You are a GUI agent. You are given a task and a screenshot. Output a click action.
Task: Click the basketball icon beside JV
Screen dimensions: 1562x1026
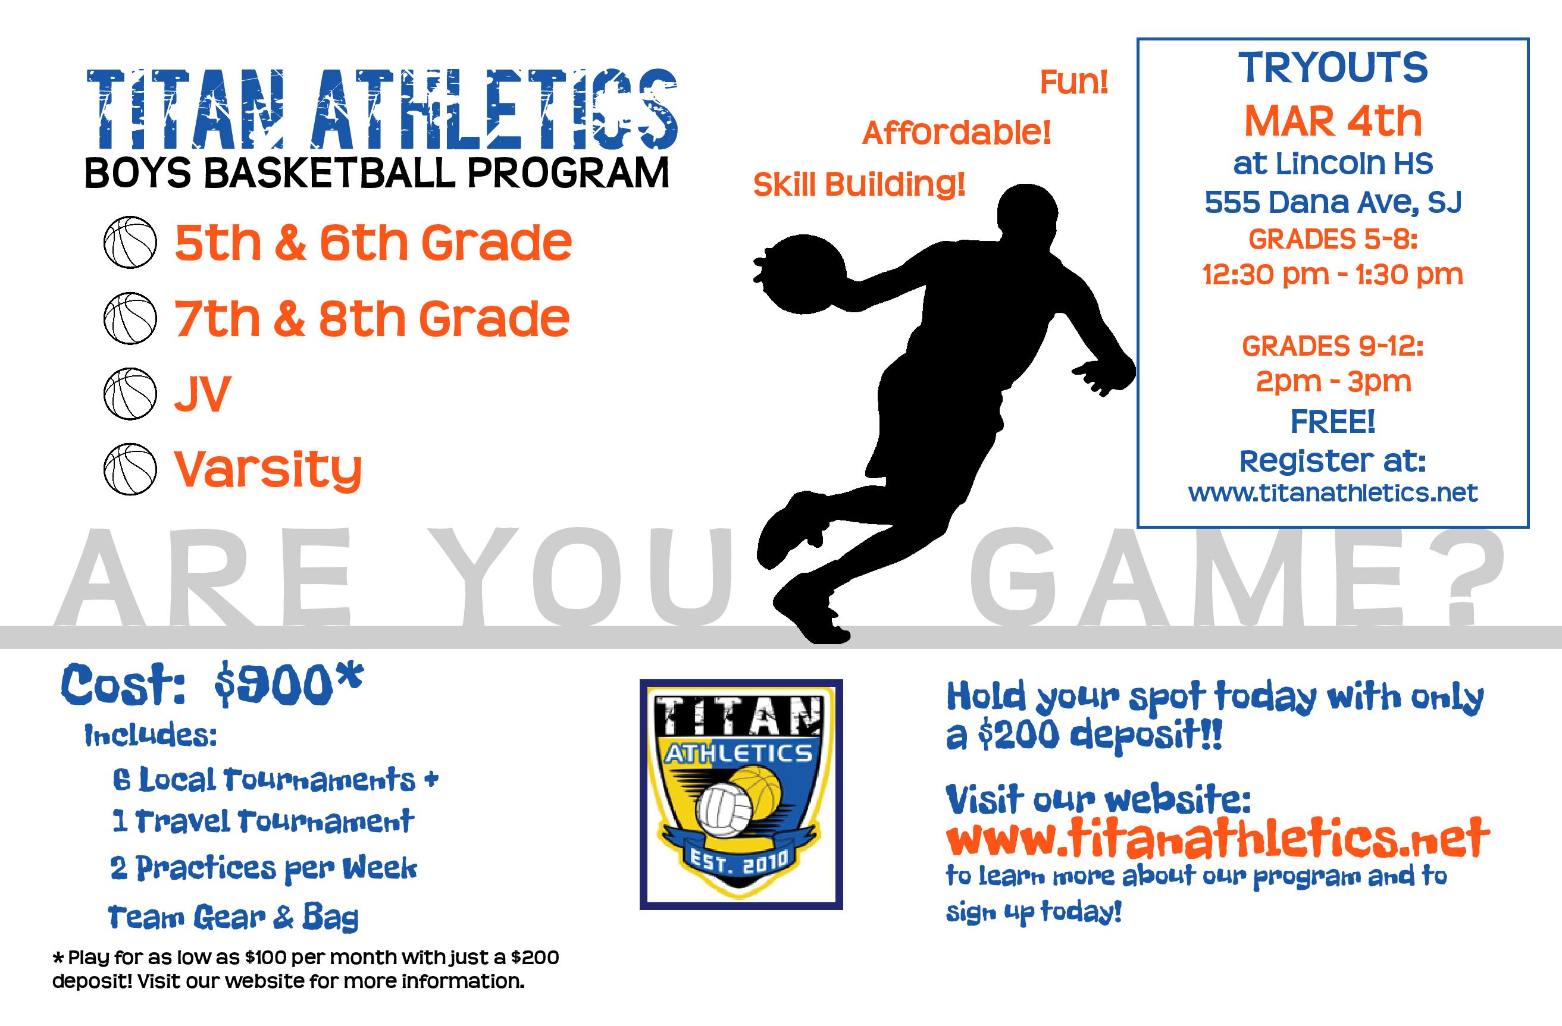(130, 394)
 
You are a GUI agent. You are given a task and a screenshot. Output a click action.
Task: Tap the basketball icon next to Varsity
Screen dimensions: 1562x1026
(130, 469)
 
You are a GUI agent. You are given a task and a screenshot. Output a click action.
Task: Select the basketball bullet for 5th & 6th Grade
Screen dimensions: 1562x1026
(130, 243)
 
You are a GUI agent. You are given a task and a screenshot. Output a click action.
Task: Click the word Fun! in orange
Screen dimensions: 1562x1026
(1073, 83)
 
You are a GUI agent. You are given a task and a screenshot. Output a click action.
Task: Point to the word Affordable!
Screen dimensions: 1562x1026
(956, 133)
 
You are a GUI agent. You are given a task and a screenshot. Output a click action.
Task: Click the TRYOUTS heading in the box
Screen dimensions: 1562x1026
(1333, 68)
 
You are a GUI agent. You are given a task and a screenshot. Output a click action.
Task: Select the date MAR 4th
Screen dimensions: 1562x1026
(1333, 121)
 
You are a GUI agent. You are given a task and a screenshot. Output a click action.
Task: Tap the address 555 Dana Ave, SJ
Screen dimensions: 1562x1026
(1333, 202)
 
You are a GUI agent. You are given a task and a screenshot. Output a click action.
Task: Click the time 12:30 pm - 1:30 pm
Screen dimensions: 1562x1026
(1333, 275)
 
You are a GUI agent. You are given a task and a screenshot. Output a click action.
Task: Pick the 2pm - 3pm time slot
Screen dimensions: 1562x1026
(1333, 382)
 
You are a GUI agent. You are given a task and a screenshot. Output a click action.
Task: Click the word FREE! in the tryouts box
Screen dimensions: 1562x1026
(1333, 421)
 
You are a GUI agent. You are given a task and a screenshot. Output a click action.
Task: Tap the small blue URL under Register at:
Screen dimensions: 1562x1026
(1333, 492)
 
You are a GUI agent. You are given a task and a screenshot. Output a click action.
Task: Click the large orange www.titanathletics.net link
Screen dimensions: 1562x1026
(1217, 837)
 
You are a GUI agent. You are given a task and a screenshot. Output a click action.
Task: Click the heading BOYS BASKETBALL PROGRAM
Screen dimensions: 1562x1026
(377, 173)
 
